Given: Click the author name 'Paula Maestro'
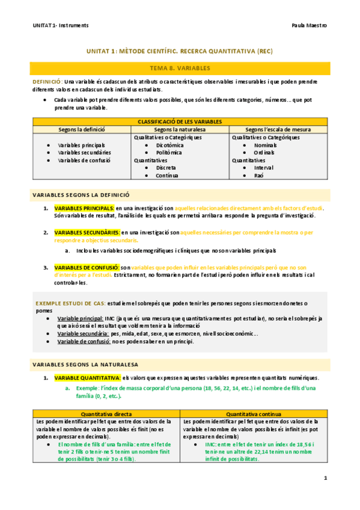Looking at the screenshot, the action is (308, 26).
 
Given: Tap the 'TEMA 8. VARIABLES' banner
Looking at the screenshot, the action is (180, 69).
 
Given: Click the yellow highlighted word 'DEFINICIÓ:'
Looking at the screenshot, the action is (47, 81).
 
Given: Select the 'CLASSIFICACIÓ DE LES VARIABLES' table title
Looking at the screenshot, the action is (180, 121).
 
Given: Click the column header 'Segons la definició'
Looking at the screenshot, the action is (81, 129).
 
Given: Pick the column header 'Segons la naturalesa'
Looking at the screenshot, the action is (180, 129).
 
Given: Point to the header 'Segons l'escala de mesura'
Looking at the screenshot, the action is (278, 129).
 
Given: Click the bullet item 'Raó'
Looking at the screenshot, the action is (258, 176).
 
